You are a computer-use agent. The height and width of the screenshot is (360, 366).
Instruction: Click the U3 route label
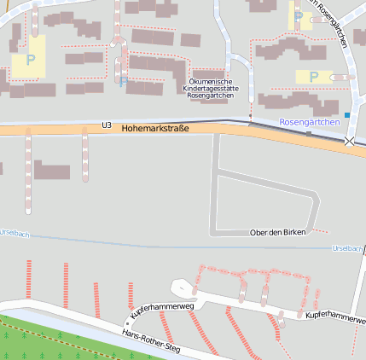tap(107, 125)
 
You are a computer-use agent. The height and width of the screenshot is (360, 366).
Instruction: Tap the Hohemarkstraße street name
tap(155, 128)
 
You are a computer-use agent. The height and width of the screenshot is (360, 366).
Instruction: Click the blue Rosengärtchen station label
tap(309, 122)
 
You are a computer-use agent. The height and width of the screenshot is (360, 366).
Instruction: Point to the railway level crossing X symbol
tap(348, 141)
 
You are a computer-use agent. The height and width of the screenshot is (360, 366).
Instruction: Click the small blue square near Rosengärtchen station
tap(346, 114)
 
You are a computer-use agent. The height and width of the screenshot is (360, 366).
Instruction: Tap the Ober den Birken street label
tap(277, 233)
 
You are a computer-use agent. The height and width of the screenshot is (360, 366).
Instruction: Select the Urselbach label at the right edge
tap(347, 248)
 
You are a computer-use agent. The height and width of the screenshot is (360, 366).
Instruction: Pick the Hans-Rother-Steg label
tap(151, 340)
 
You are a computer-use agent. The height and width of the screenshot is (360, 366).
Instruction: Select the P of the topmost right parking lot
tap(297, 16)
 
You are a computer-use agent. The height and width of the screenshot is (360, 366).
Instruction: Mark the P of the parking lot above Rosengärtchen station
tap(314, 76)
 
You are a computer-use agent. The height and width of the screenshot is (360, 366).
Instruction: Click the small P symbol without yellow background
tap(123, 82)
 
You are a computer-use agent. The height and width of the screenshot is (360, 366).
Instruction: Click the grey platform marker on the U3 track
tap(308, 133)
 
